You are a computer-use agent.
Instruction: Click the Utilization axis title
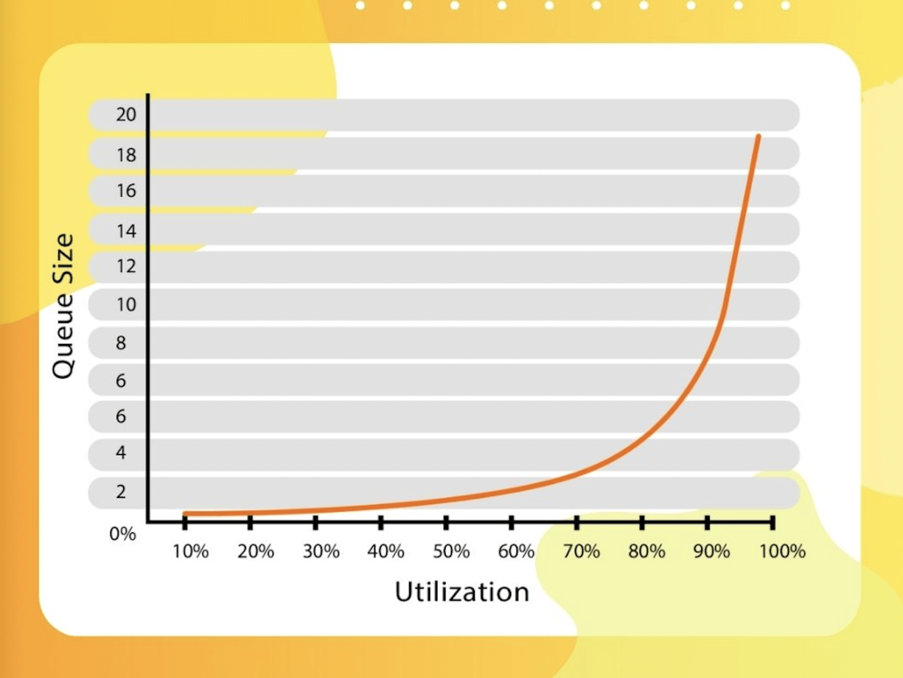[x=461, y=592]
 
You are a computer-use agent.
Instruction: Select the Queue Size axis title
[x=63, y=306]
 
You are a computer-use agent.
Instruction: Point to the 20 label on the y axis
[x=126, y=114]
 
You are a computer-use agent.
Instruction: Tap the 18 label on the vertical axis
[x=126, y=155]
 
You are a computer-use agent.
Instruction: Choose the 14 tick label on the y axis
[x=126, y=231]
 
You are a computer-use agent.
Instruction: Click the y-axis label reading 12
[x=126, y=266]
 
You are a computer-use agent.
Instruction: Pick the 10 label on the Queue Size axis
[x=126, y=304]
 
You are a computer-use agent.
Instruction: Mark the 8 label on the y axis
[x=121, y=343]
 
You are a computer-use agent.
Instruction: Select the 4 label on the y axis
[x=121, y=452]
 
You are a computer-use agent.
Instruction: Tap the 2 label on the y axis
[x=121, y=491]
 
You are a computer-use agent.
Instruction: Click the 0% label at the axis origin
[x=122, y=533]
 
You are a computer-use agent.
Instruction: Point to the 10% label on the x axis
[x=190, y=551]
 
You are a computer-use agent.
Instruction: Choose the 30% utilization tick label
[x=321, y=551]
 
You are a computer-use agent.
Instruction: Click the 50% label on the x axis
[x=451, y=551]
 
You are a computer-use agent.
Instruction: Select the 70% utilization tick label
[x=581, y=551]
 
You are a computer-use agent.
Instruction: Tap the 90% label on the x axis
[x=711, y=551]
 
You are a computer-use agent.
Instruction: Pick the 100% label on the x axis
[x=782, y=551]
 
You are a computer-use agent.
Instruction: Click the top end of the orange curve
[x=758, y=137]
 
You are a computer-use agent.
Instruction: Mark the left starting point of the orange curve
[x=185, y=513]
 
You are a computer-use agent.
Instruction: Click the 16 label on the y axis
[x=126, y=190]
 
